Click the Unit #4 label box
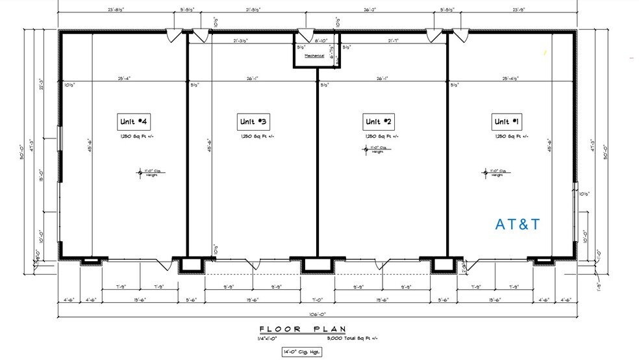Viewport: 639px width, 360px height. pos(134,122)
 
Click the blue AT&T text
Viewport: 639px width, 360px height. pos(518,225)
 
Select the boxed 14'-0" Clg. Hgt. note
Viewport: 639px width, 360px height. pos(303,352)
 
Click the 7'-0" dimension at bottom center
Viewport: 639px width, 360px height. pos(317,300)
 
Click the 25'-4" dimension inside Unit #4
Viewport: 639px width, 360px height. pos(125,79)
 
